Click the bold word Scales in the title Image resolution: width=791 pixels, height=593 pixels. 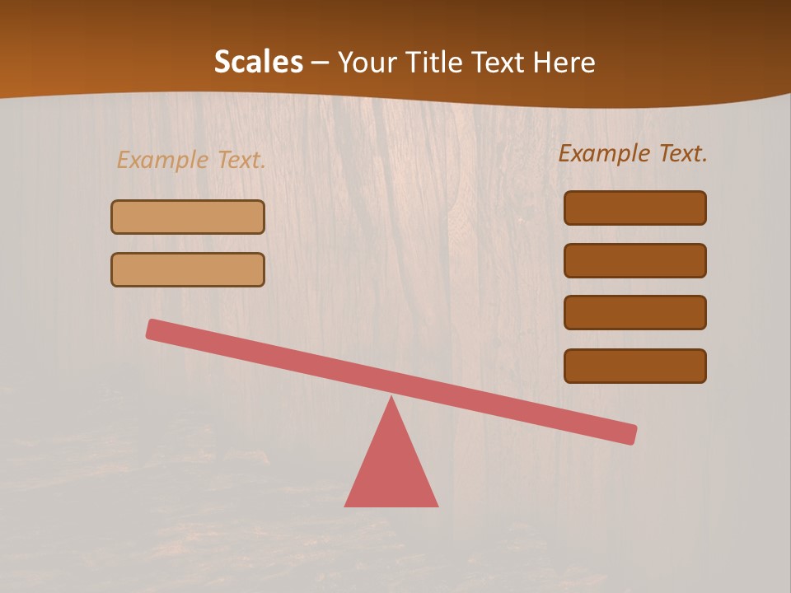(258, 63)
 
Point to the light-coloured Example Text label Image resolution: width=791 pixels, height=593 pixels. (191, 160)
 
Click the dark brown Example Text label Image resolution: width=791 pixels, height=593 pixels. (633, 153)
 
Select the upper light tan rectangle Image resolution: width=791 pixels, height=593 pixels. (188, 217)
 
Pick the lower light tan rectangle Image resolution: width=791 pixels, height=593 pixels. (188, 269)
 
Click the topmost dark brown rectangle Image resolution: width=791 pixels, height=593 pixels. (634, 208)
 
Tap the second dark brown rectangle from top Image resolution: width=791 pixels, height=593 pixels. (634, 260)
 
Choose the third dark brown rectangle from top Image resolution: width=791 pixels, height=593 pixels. (634, 312)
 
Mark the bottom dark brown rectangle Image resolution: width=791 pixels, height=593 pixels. (634, 366)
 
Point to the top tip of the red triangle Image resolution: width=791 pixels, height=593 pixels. (391, 398)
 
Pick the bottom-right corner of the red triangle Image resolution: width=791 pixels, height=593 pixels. (437, 505)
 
